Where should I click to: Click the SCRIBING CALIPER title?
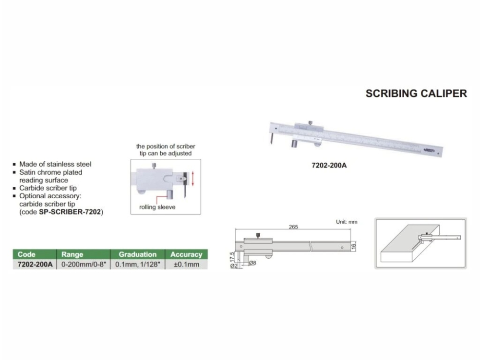point(416,94)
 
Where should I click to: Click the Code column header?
point(27,254)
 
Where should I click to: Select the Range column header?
point(72,254)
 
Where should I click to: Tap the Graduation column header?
point(137,254)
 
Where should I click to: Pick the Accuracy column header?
point(186,254)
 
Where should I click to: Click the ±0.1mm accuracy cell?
point(186,264)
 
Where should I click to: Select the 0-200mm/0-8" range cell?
point(83,264)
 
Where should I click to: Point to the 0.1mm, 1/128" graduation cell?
point(137,264)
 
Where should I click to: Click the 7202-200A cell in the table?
point(35,264)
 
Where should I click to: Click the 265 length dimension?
point(293,227)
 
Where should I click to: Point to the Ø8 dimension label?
point(252,263)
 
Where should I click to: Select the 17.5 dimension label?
point(232,256)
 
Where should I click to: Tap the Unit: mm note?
point(347,222)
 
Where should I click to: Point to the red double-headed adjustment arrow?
point(193,179)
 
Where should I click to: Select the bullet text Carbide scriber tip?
point(48,188)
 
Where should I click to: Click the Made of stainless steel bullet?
point(55,164)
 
